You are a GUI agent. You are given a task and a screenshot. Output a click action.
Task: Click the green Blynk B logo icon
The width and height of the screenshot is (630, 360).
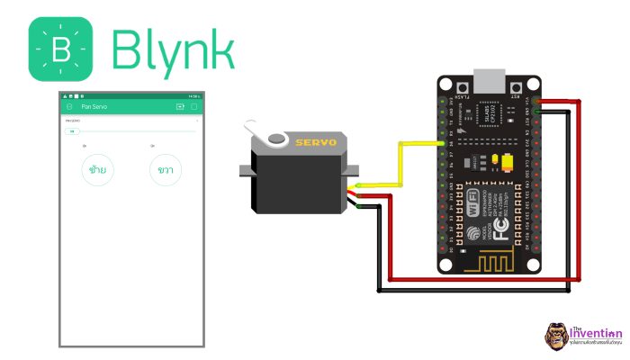[61, 50]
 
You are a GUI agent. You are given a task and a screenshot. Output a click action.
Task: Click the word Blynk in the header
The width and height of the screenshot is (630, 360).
[173, 50]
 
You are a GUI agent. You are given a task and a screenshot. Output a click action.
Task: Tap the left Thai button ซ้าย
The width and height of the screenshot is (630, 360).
[98, 170]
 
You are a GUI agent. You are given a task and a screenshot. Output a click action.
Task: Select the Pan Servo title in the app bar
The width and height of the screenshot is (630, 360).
[94, 106]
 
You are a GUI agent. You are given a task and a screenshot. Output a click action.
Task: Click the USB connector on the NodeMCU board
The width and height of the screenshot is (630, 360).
[489, 79]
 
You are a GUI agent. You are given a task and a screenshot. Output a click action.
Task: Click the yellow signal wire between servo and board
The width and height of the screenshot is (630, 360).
[396, 162]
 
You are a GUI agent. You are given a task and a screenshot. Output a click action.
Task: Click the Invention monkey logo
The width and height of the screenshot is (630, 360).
[554, 336]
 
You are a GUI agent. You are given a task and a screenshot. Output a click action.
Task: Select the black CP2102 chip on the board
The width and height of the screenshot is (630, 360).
[490, 117]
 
